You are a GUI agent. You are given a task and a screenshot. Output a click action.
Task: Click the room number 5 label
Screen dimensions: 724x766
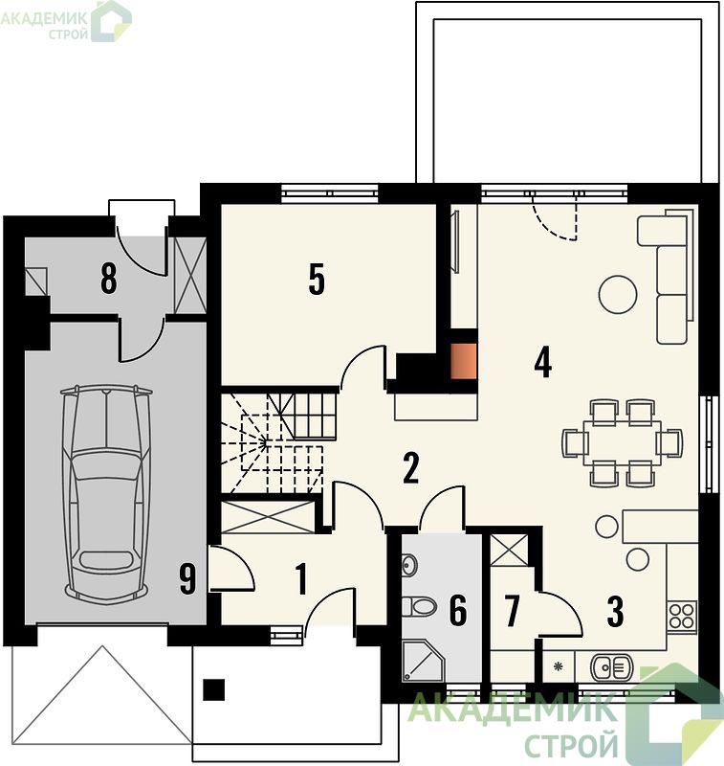[317, 280]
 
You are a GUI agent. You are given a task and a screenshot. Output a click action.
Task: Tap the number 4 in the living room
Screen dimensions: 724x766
[543, 362]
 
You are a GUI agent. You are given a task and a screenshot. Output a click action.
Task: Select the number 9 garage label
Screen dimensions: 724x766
[187, 579]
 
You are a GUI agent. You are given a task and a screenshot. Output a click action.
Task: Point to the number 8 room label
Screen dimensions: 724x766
[108, 279]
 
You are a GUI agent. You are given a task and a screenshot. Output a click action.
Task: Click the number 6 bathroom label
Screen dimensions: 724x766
[458, 610]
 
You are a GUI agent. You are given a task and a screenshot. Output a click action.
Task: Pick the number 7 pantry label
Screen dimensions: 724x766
[512, 611]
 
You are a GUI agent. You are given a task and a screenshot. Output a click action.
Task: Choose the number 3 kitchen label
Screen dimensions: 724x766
[615, 612]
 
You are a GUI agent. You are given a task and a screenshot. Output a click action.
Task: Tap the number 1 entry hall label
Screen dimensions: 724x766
[301, 579]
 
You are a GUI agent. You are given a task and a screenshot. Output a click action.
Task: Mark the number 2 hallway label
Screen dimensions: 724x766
[411, 468]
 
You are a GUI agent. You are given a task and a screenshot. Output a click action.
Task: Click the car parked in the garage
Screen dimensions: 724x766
[106, 493]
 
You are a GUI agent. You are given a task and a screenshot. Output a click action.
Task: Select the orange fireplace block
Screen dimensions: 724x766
[463, 361]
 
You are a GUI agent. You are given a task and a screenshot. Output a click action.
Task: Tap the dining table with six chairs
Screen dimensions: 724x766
[622, 443]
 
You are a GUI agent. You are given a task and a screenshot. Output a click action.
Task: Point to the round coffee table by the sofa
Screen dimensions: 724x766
[618, 295]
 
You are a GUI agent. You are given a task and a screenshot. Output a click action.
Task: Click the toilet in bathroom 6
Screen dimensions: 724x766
[419, 607]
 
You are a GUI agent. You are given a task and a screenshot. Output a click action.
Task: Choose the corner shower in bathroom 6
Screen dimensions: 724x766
[423, 661]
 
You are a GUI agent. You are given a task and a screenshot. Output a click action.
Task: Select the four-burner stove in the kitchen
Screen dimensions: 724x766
[682, 617]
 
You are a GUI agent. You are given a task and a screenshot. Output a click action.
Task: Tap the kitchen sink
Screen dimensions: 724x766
[612, 667]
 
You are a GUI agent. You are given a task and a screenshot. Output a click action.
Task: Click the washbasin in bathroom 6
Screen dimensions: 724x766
[408, 565]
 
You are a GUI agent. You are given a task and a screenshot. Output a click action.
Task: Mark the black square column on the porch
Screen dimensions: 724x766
[213, 689]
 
